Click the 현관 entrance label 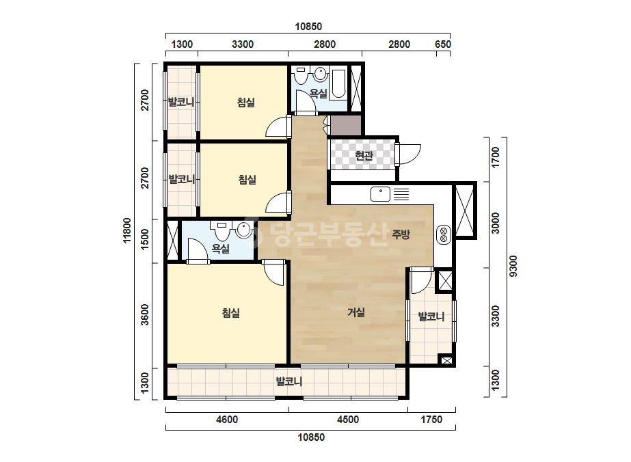pyautogui.click(x=364, y=155)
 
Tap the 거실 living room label pyautogui.click(x=356, y=312)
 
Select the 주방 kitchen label pyautogui.click(x=401, y=234)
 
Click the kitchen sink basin pyautogui.click(x=380, y=194)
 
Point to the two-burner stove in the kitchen pyautogui.click(x=444, y=234)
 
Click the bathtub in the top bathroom pyautogui.click(x=339, y=84)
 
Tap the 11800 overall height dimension pyautogui.click(x=127, y=230)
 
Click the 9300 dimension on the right pyautogui.click(x=513, y=266)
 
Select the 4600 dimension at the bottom pyautogui.click(x=227, y=420)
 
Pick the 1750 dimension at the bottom pyautogui.click(x=431, y=420)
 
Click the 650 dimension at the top pyautogui.click(x=443, y=44)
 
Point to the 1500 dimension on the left pyautogui.click(x=145, y=239)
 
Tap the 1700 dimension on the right pyautogui.click(x=496, y=157)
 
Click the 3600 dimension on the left pyautogui.click(x=145, y=314)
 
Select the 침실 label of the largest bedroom pyautogui.click(x=231, y=313)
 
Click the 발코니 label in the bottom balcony pyautogui.click(x=289, y=381)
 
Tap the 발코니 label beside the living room pyautogui.click(x=431, y=316)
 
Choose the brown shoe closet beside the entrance pyautogui.click(x=346, y=125)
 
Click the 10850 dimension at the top pyautogui.click(x=308, y=26)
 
